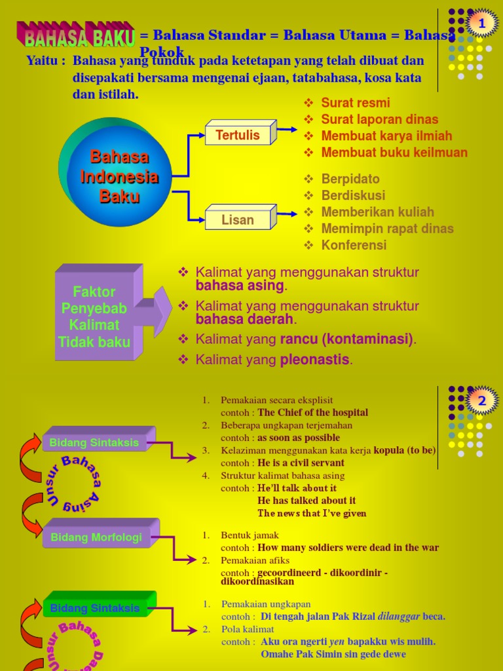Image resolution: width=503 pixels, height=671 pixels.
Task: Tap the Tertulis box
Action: click(x=238, y=135)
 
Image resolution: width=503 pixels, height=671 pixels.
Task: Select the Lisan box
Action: click(x=238, y=220)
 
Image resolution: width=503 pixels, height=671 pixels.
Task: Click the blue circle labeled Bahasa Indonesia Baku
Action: click(x=118, y=176)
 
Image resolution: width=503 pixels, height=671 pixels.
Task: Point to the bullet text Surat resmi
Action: click(x=355, y=103)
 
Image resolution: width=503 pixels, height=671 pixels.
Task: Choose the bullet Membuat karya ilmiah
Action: click(x=386, y=136)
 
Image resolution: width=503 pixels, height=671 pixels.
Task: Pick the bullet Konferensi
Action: click(x=354, y=245)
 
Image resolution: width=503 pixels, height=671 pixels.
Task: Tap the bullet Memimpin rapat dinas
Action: click(x=387, y=229)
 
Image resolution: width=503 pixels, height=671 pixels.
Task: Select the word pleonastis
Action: click(x=316, y=360)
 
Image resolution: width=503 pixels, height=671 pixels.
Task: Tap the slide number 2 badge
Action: click(x=482, y=400)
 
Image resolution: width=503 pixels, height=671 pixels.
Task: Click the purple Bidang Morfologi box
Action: click(x=96, y=537)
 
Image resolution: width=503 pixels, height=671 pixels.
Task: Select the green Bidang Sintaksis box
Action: click(x=96, y=608)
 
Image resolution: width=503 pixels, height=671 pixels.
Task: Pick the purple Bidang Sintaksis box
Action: click(x=95, y=442)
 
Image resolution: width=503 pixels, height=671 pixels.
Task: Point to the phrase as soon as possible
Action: click(x=299, y=438)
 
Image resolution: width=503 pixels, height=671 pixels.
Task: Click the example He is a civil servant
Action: click(x=301, y=463)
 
